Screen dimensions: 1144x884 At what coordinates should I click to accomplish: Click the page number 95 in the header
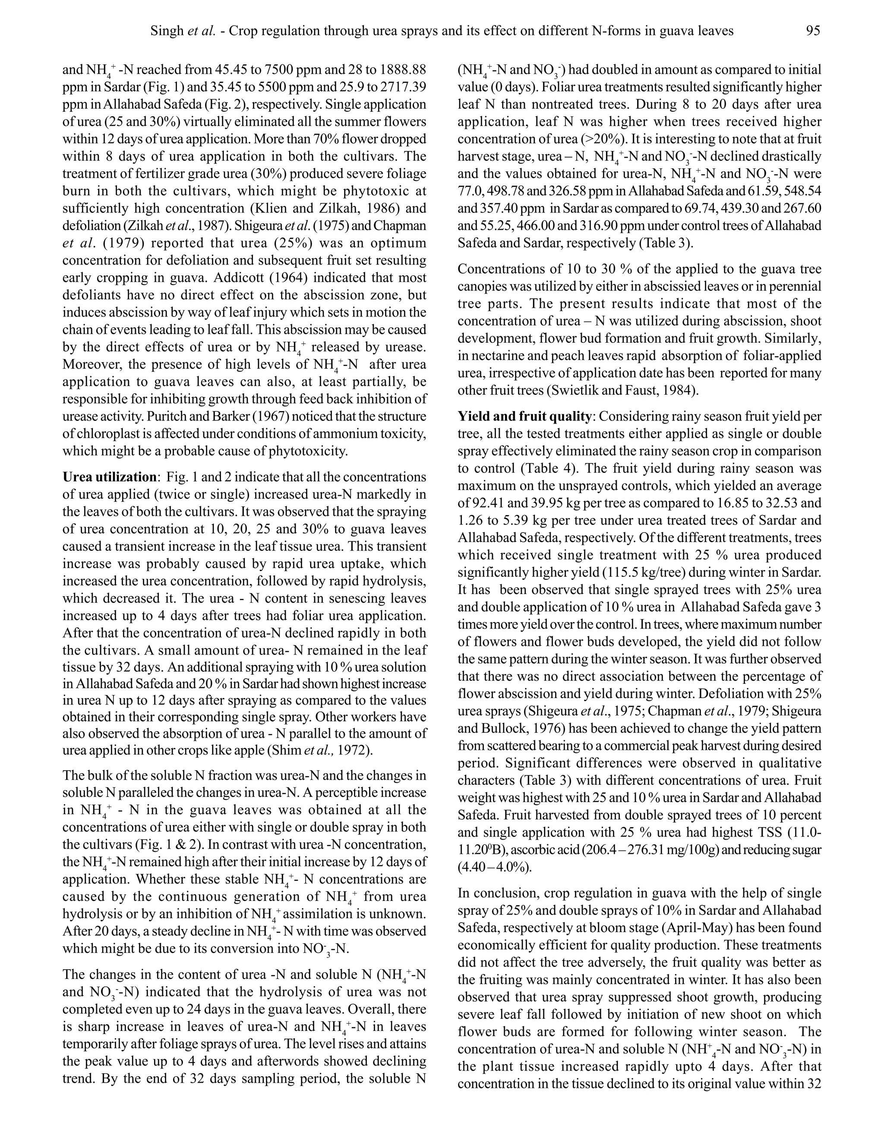[x=813, y=31]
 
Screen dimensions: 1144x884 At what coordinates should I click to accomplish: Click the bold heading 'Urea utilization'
[x=109, y=477]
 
